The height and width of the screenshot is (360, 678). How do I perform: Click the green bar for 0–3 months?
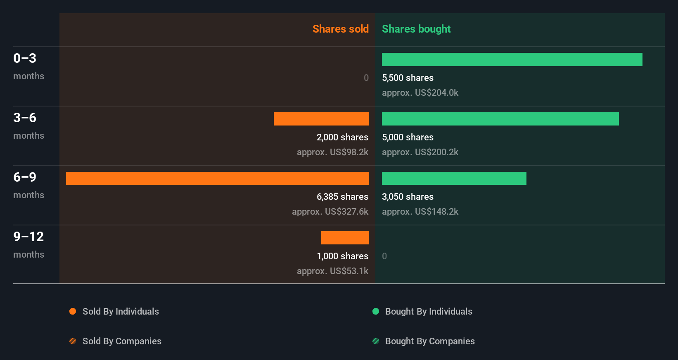coord(512,59)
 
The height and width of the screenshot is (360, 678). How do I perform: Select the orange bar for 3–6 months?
coord(321,119)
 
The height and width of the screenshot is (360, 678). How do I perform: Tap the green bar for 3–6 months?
coord(500,119)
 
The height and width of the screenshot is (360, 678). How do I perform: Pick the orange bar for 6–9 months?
coord(217,178)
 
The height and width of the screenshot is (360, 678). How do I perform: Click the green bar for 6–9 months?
coord(454,178)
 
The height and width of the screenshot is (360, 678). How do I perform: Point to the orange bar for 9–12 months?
coord(345,238)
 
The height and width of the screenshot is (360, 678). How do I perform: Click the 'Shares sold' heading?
coord(340,29)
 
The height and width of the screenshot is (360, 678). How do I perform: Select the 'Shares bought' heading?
coord(416,29)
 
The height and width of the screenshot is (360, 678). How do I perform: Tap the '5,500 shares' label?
coord(408,78)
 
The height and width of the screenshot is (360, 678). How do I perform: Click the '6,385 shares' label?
coord(342,197)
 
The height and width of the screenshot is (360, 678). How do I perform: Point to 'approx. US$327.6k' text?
coord(330,211)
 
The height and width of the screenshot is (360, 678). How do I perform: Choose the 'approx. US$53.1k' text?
coord(332,271)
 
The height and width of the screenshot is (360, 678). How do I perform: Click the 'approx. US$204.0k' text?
coord(420,92)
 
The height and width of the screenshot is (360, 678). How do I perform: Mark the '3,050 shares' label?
coord(408,197)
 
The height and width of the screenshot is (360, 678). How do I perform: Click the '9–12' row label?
coord(28,237)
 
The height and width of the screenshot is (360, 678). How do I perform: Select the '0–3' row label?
coord(25,58)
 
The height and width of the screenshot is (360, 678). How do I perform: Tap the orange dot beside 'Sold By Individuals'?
coord(73,311)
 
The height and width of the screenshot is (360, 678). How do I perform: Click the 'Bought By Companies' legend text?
coord(430,341)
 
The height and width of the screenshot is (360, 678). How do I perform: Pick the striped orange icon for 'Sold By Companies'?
coord(73,341)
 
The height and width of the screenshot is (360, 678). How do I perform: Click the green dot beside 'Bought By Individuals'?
coord(376,311)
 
